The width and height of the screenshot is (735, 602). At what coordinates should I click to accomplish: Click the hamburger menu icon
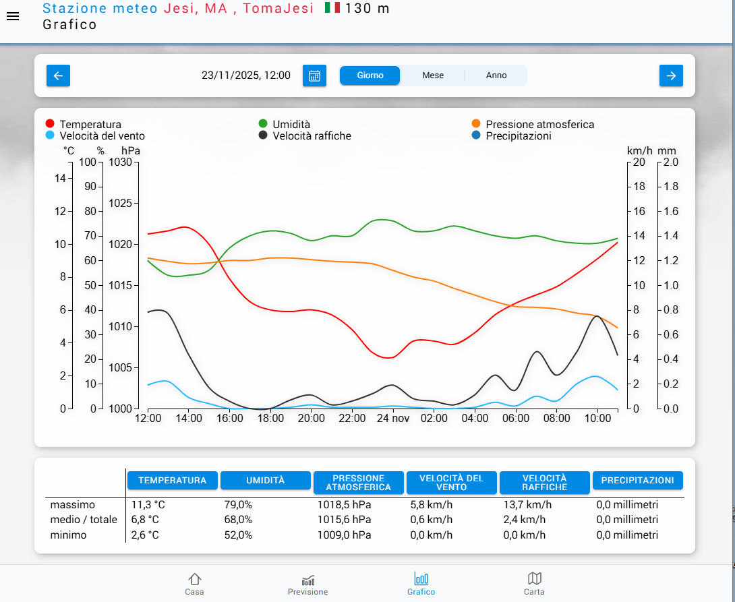click(13, 17)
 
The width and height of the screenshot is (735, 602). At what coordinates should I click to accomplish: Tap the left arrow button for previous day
click(58, 76)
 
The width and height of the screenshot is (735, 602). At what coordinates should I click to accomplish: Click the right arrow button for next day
click(671, 76)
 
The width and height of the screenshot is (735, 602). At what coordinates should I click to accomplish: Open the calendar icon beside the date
click(314, 76)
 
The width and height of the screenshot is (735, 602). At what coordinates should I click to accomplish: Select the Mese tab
click(433, 76)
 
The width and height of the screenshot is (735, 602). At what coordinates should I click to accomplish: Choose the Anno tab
click(496, 76)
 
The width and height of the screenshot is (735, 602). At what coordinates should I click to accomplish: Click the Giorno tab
click(370, 76)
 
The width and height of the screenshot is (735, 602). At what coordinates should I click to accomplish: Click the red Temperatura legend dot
click(50, 124)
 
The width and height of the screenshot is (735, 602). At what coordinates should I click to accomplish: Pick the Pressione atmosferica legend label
click(539, 124)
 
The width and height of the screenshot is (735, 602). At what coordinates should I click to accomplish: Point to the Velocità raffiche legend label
click(312, 136)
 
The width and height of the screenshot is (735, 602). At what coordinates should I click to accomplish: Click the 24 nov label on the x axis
click(392, 418)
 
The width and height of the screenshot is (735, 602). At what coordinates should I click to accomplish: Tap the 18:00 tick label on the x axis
click(270, 418)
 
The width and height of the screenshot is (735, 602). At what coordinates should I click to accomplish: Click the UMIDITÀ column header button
click(266, 480)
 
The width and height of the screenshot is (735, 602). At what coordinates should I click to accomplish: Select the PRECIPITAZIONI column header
click(637, 480)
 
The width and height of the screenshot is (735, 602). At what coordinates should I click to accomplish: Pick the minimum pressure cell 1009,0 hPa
click(344, 535)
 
